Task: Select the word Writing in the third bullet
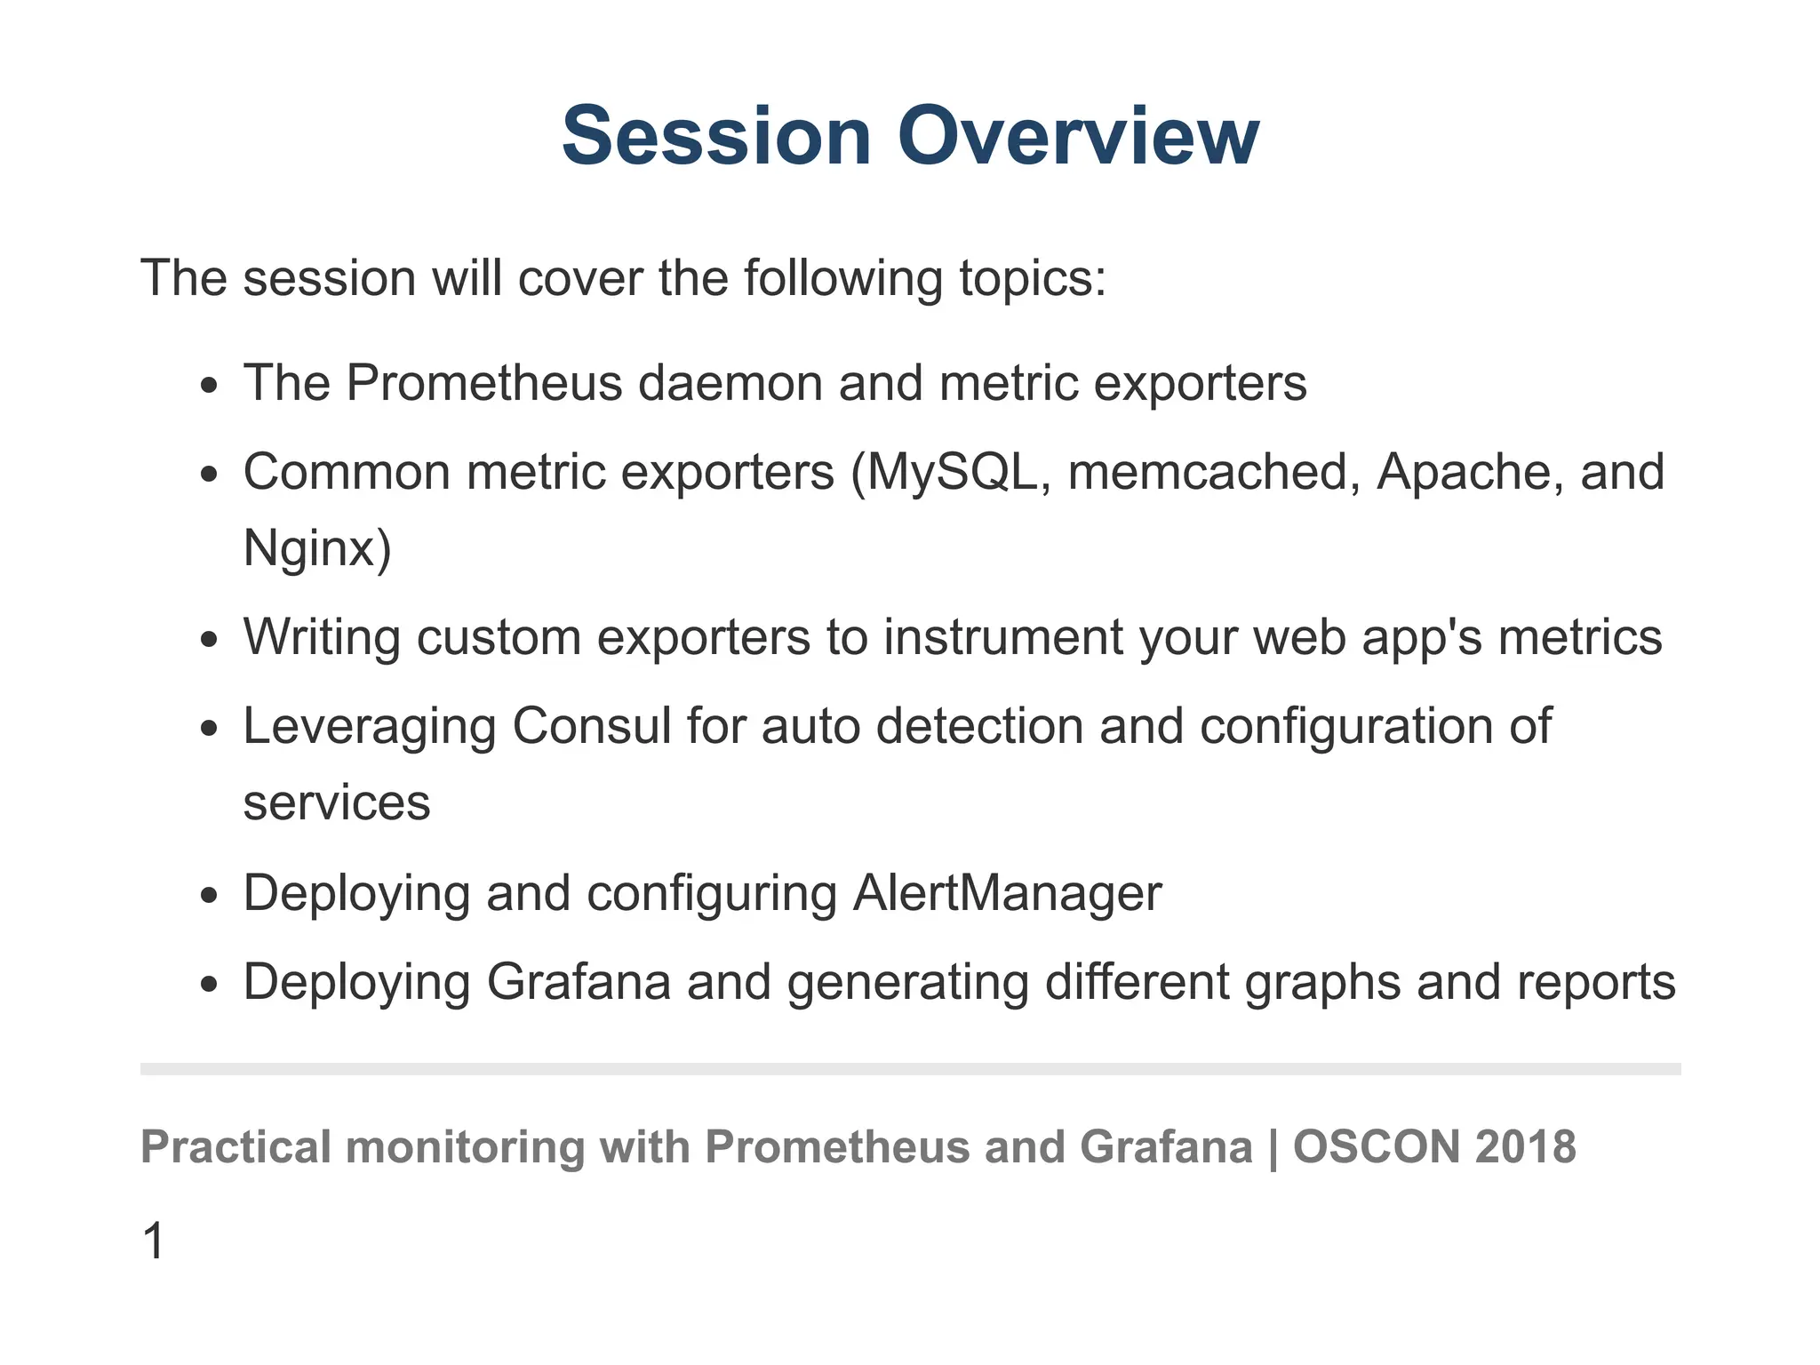(322, 637)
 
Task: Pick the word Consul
(591, 726)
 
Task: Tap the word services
(337, 803)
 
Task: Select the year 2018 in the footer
(1525, 1146)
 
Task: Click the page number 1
(153, 1241)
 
